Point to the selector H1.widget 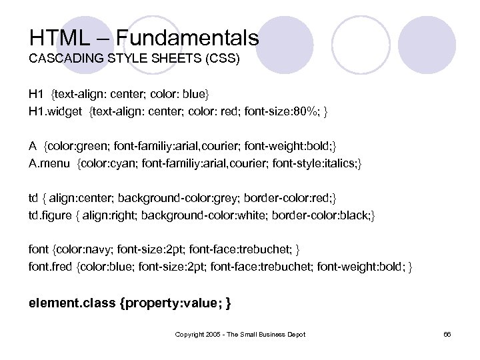tap(55, 109)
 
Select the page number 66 tap(447, 334)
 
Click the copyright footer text tap(239, 334)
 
